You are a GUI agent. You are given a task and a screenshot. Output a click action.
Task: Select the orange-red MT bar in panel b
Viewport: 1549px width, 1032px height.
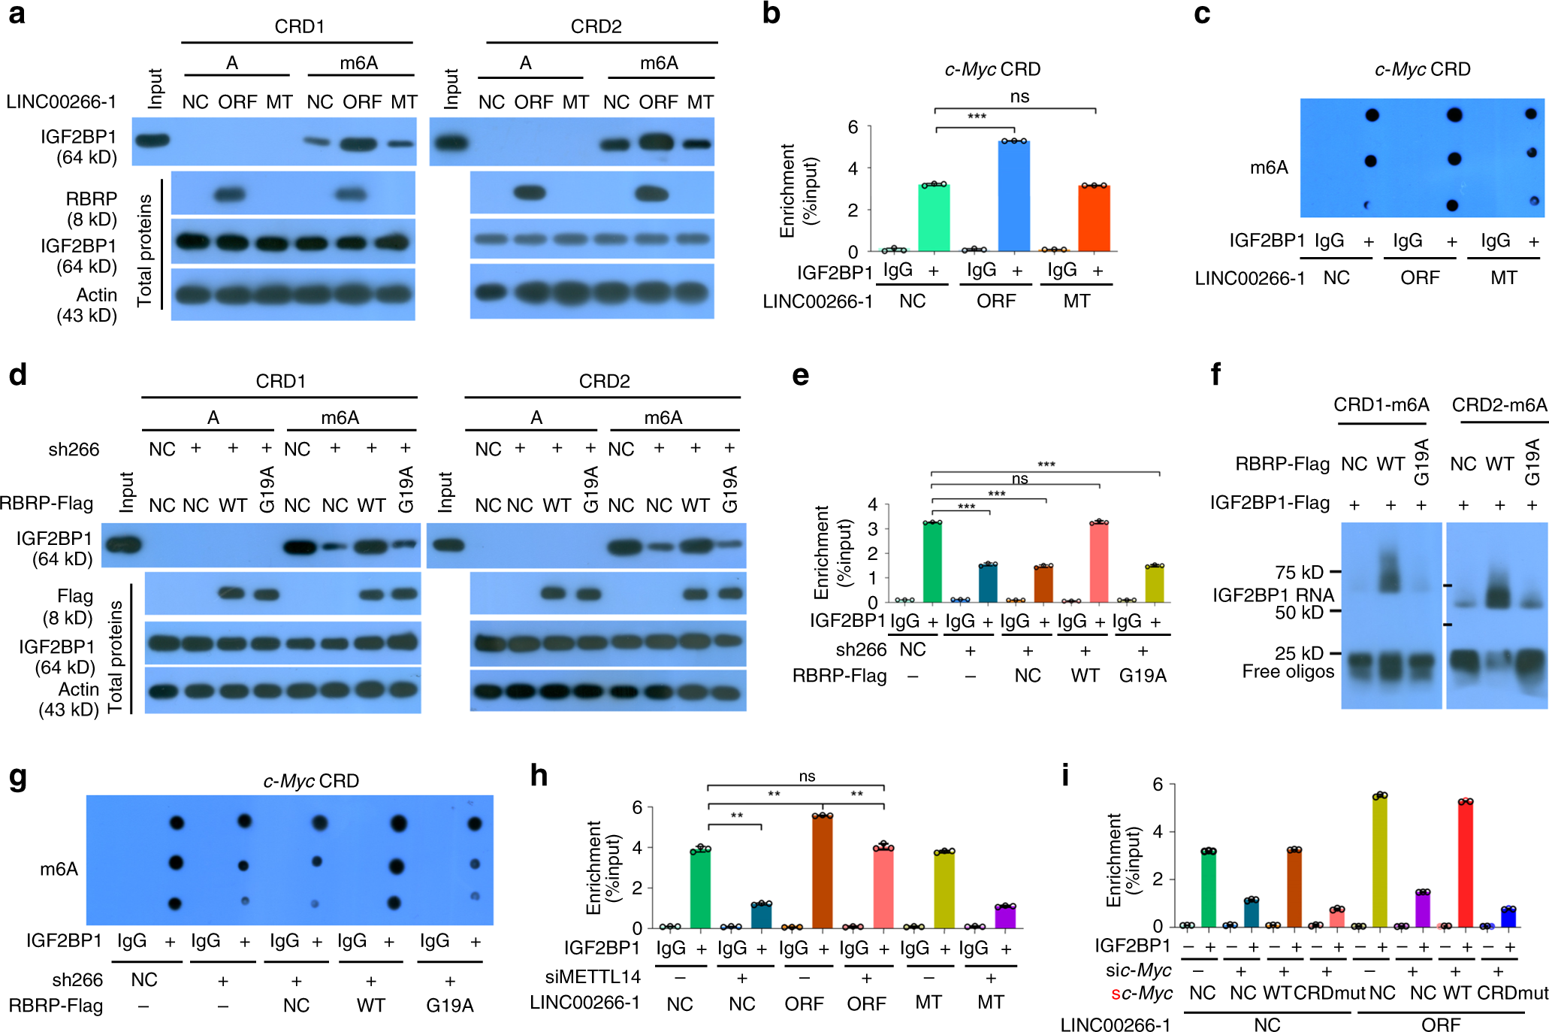(x=1094, y=219)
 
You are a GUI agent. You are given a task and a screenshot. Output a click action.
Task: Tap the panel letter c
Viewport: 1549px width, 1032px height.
(x=1202, y=14)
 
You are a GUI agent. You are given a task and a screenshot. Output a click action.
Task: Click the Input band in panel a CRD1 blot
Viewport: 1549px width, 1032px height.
(x=152, y=140)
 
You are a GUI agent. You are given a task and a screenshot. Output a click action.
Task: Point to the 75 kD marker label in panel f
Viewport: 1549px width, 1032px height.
(x=1299, y=572)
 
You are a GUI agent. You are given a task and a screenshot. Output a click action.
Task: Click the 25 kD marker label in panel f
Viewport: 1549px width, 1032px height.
(x=1299, y=652)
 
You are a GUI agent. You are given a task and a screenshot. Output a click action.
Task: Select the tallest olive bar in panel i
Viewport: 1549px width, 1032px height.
(x=1380, y=861)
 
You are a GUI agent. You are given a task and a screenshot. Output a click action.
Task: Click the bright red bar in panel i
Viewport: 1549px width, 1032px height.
(x=1465, y=864)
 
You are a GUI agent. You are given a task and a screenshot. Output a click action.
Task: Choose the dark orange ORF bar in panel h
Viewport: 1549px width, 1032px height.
(x=823, y=872)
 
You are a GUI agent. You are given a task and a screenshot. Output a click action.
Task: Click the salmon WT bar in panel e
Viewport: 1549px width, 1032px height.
(x=1099, y=562)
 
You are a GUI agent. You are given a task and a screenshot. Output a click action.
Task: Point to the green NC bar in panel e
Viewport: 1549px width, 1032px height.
(x=932, y=562)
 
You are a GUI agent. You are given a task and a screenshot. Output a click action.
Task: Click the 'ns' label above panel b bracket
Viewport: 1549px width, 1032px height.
(x=1019, y=96)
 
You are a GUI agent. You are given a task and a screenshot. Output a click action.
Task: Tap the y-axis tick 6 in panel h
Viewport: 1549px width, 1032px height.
(x=637, y=807)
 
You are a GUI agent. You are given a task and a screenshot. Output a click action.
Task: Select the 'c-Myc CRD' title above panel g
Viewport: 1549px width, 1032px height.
(x=311, y=781)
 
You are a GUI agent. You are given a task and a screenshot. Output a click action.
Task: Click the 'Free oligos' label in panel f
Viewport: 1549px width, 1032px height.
(x=1288, y=671)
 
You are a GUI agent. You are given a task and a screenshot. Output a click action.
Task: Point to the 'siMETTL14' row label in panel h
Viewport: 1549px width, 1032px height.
(x=593, y=976)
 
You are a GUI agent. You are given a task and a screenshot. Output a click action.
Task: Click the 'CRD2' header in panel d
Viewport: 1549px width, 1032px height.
(x=604, y=381)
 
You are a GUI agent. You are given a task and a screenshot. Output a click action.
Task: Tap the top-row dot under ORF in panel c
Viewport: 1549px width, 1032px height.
(x=1454, y=115)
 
